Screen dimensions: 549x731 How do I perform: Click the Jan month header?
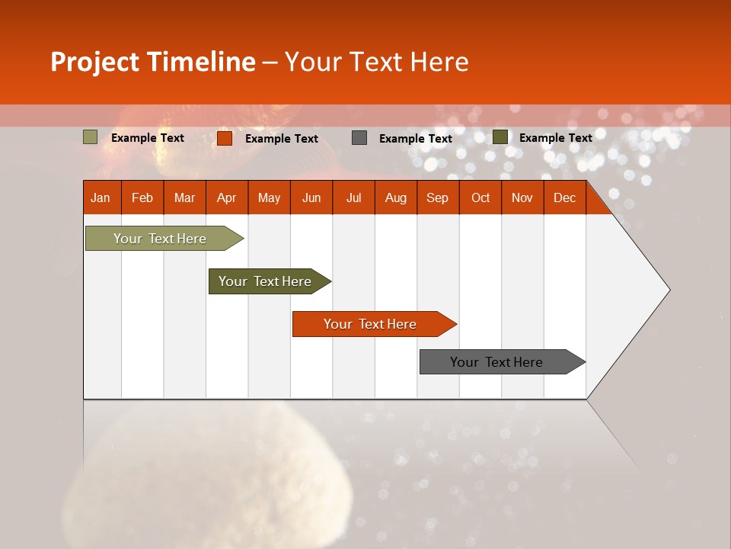point(101,197)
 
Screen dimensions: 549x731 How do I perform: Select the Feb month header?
point(142,197)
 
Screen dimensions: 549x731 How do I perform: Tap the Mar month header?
point(184,197)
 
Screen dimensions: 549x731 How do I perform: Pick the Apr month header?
point(226,197)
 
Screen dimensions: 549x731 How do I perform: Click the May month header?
point(269,197)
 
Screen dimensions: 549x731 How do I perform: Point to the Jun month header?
point(311,197)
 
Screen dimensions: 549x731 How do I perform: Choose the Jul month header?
point(353,197)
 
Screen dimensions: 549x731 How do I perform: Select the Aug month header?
point(395,197)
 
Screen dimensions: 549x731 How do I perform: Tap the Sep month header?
point(437,197)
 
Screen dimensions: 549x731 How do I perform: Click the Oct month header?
point(480,197)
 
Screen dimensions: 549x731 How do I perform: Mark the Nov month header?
point(522,197)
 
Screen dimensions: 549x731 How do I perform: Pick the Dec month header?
point(564,197)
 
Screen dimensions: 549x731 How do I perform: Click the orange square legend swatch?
point(225,138)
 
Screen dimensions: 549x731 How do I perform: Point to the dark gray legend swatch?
point(359,138)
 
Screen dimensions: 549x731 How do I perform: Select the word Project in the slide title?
point(95,62)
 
